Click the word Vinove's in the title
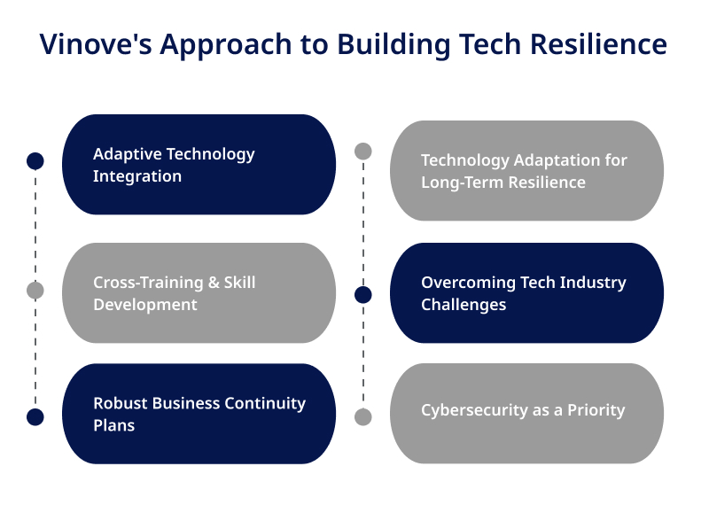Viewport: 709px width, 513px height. (96, 44)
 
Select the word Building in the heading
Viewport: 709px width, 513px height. (393, 45)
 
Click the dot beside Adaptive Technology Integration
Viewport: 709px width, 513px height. (35, 161)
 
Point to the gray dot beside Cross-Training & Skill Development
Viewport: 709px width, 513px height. (35, 291)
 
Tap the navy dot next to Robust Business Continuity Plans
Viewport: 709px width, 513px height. (35, 416)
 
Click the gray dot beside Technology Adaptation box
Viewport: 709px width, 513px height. (363, 151)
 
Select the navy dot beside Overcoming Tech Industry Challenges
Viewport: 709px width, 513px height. (363, 295)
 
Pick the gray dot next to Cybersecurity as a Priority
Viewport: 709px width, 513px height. (363, 416)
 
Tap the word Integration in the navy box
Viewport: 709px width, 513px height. (137, 176)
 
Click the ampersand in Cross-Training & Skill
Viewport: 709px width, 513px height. (214, 283)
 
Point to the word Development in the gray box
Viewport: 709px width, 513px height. (145, 305)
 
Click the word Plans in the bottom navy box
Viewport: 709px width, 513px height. (114, 425)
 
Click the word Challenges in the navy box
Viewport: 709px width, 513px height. (464, 305)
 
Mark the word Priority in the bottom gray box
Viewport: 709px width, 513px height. (596, 410)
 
